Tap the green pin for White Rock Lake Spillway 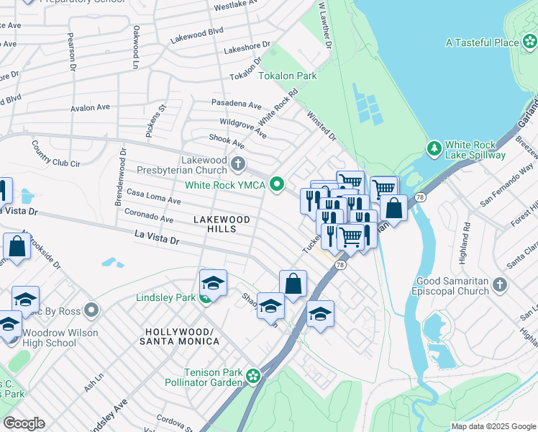coord(434,148)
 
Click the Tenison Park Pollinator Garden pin coord(252,376)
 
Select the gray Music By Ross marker coord(91,311)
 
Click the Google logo coord(23,423)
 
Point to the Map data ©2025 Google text coord(493,426)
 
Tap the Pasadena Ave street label coord(236,104)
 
